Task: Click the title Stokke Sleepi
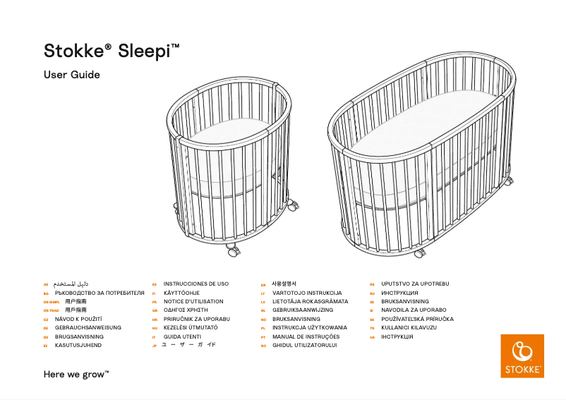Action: [x=112, y=51]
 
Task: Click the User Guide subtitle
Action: [x=72, y=75]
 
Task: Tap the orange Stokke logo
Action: [x=522, y=356]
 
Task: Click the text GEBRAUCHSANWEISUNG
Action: [x=88, y=328]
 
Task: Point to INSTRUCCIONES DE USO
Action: [x=196, y=284]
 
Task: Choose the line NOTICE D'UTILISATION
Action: [x=193, y=301]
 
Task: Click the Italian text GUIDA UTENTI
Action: [x=183, y=337]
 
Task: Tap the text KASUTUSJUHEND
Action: [x=78, y=346]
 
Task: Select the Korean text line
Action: [x=284, y=284]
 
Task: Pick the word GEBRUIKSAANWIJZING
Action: [x=303, y=310]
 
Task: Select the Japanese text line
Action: [x=188, y=346]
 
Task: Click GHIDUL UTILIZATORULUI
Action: [x=305, y=346]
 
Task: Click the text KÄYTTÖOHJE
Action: [x=182, y=292]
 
